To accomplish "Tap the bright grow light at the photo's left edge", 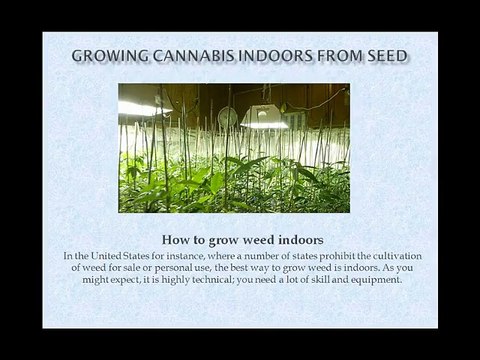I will click(x=135, y=106).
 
